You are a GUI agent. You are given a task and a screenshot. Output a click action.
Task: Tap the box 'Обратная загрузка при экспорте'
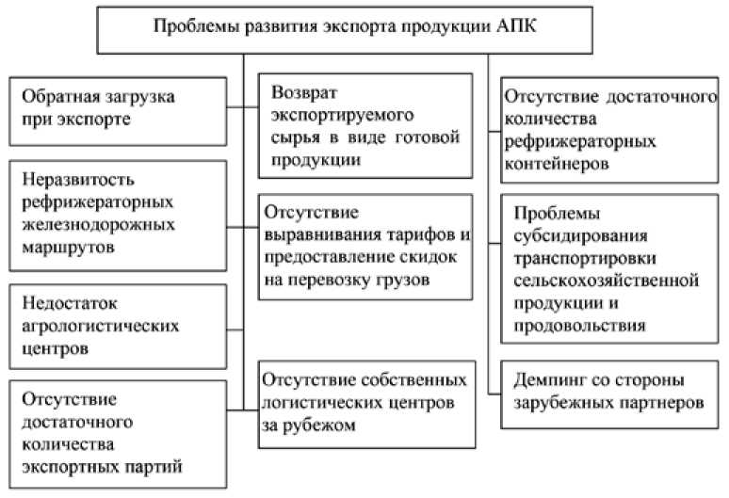point(118,109)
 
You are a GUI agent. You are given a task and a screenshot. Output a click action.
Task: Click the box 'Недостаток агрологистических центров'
point(118,326)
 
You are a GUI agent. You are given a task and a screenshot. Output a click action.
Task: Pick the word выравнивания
point(324,233)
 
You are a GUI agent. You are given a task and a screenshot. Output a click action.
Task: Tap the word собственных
point(412,381)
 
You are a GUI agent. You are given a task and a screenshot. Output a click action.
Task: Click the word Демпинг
point(551,381)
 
